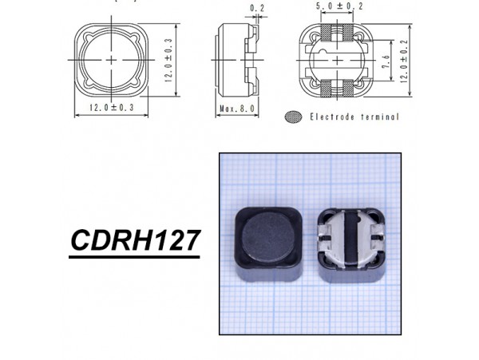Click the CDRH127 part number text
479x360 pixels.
tap(133, 240)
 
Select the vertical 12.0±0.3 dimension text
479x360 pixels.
tap(168, 59)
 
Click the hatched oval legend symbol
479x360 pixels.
tap(294, 117)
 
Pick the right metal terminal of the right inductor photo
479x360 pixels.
tap(372, 238)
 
